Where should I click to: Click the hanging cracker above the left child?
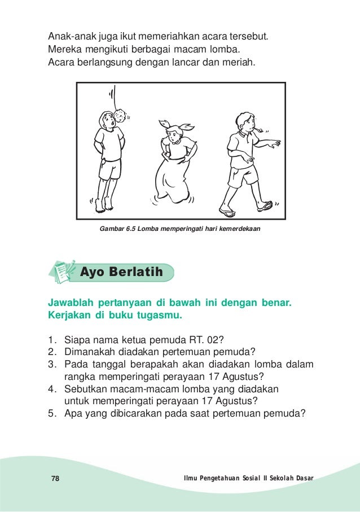coord(121,115)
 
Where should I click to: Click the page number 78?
coord(55,479)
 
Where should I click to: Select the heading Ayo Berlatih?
coord(121,272)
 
